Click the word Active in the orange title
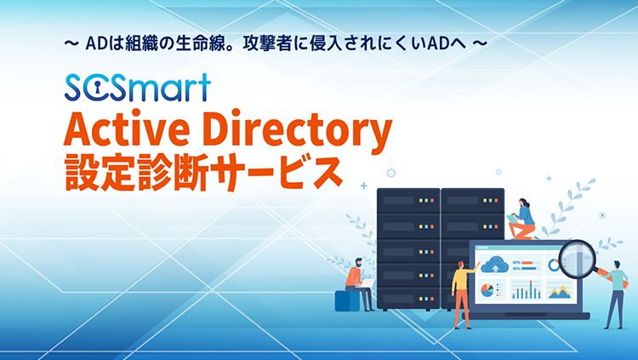(x=127, y=129)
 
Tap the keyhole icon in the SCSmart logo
(x=98, y=88)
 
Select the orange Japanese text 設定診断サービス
(x=203, y=173)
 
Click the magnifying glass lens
(x=577, y=257)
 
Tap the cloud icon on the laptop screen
(x=495, y=265)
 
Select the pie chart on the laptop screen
(x=487, y=290)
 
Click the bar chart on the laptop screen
(x=527, y=291)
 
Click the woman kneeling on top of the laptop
(x=524, y=219)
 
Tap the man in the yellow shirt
(x=463, y=294)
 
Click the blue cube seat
(x=347, y=300)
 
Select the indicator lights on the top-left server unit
(x=426, y=201)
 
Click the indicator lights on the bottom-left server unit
(x=426, y=299)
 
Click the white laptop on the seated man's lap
(x=366, y=283)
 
